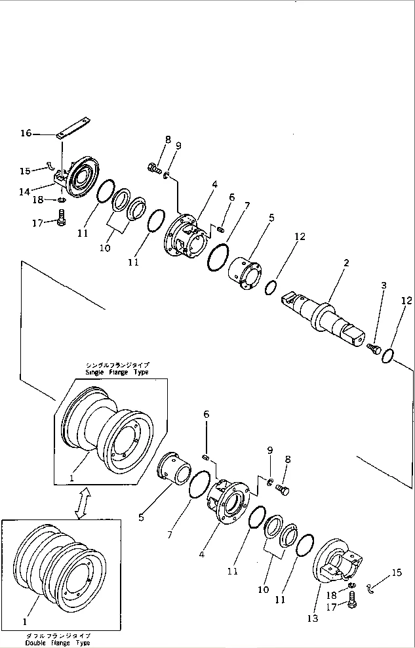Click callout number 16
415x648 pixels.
[25, 133]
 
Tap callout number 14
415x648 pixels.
[25, 192]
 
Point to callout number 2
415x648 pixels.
[346, 263]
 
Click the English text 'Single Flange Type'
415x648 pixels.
[117, 372]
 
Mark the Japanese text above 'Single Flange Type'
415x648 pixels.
[117, 364]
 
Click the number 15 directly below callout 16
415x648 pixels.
[25, 171]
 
